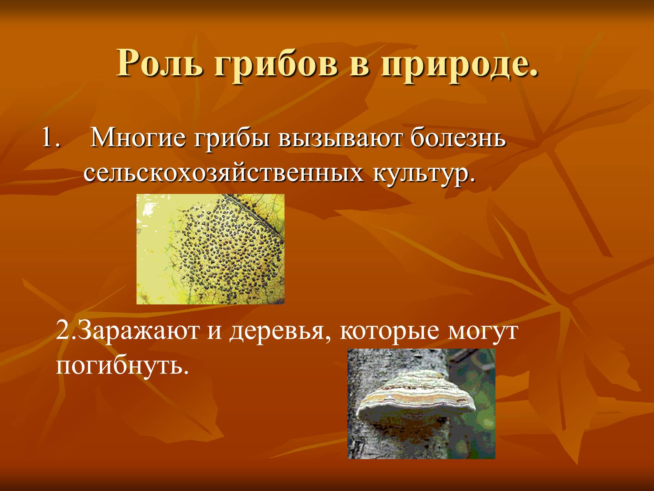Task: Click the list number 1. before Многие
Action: click(51, 137)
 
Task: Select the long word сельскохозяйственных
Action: click(224, 173)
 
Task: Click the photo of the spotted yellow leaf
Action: click(211, 249)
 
